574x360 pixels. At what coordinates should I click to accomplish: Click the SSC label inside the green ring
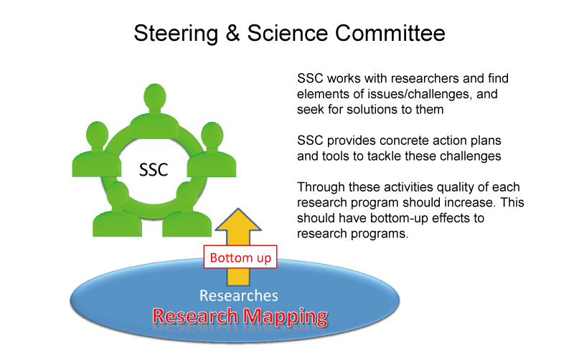coord(155,170)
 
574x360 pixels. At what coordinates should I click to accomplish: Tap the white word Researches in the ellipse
coord(239,295)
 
